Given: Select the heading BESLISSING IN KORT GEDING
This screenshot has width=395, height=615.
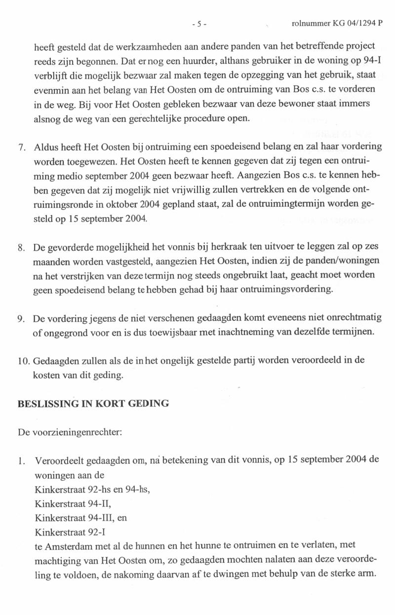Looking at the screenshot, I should click(x=93, y=404).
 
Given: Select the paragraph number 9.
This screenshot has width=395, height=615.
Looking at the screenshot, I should click(x=21, y=318).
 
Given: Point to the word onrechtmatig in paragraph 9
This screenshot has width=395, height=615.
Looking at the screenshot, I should click(x=358, y=318).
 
